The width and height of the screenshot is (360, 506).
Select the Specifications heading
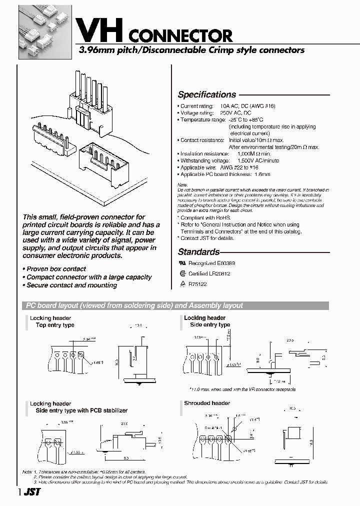[x=206, y=94]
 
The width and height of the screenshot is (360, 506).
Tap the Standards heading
[x=198, y=252]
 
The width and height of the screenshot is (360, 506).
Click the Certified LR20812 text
[x=209, y=273]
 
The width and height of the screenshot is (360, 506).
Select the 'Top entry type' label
[x=55, y=325]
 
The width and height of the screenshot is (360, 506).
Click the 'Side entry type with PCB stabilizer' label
[x=81, y=410]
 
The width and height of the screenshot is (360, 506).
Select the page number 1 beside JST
[x=20, y=492]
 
